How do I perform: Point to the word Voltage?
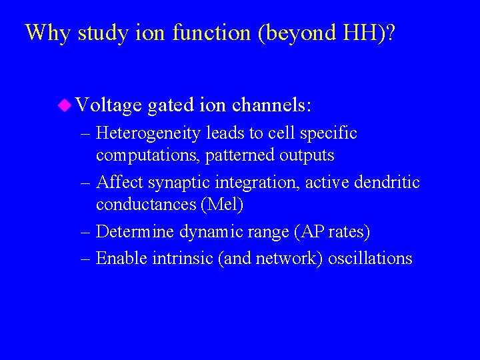point(109,105)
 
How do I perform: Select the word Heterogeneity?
point(148,134)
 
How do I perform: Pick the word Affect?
point(119,183)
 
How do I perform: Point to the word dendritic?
point(387,183)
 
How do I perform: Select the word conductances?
point(147,204)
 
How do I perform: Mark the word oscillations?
point(371,259)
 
